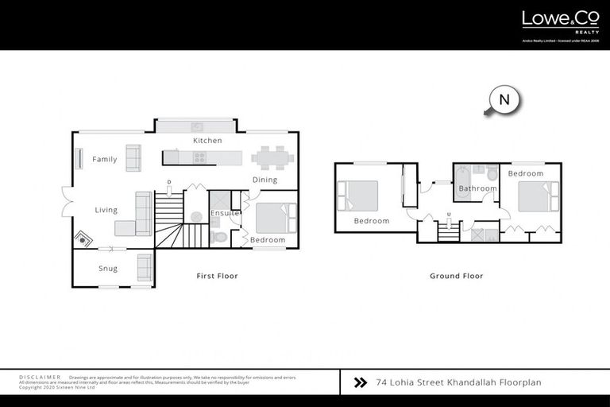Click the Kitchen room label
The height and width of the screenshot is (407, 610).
point(207,141)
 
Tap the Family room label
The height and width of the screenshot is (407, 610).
point(104,159)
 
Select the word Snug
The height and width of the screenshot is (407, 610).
point(108,268)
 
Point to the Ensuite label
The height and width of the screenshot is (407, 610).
point(225,213)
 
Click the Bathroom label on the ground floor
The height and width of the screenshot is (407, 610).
point(477,188)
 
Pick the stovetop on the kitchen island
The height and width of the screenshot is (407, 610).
point(198,157)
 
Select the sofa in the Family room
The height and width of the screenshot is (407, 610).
point(133,158)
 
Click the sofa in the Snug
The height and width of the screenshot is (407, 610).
point(145,267)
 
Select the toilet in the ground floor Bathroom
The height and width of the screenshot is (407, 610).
point(492,172)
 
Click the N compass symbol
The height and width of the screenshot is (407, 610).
point(504,101)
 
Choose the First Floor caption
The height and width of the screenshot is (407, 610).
point(217,276)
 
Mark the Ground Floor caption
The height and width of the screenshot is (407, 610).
point(457,276)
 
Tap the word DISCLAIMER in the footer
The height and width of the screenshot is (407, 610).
point(39,377)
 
